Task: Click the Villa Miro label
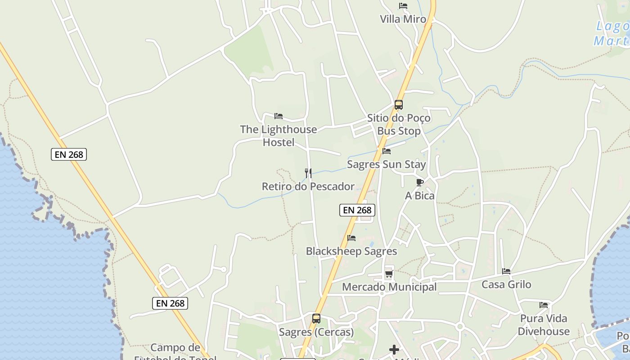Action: (403, 19)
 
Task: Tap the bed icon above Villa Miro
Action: (403, 6)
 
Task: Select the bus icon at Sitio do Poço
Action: (398, 105)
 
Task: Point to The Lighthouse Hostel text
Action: (279, 136)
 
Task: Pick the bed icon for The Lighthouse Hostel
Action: (279, 116)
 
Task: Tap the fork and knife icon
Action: (308, 173)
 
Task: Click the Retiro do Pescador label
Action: (308, 186)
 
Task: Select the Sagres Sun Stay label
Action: (386, 164)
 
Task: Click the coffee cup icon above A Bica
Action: (419, 182)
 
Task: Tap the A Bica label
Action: (420, 196)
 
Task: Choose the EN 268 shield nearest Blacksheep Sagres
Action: (357, 210)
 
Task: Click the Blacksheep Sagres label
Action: (351, 251)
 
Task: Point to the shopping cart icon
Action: (389, 274)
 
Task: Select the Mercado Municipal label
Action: (389, 287)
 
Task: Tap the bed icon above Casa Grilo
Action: (506, 271)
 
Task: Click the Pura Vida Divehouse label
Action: (544, 325)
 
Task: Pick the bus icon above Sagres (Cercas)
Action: (316, 319)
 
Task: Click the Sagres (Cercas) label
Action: (316, 332)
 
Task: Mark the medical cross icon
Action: (394, 350)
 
